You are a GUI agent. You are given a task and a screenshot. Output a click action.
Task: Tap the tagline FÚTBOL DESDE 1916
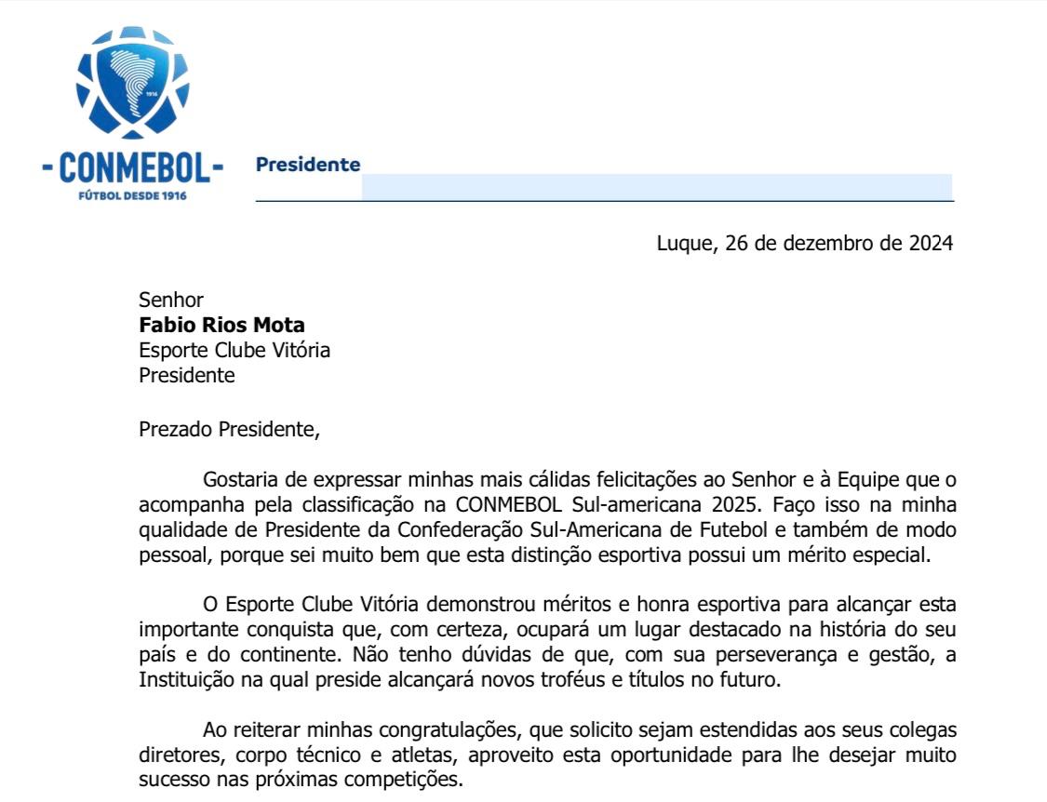[x=133, y=196]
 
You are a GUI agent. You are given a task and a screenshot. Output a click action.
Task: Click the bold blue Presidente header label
[x=308, y=165]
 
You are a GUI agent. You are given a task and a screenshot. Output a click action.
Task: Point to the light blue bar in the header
[x=656, y=186]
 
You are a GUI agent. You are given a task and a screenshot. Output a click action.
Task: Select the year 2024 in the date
[x=930, y=244]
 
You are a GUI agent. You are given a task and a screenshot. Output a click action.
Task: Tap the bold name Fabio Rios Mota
[x=221, y=325]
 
